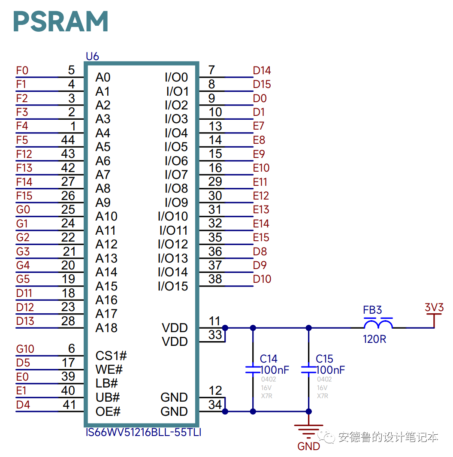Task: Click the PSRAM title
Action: tap(60, 21)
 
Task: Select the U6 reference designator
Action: tap(92, 56)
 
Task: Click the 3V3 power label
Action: tap(434, 308)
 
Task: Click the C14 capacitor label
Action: tap(269, 359)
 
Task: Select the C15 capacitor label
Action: tap(324, 359)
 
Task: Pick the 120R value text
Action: tap(374, 339)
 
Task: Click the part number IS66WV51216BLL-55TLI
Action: tap(144, 432)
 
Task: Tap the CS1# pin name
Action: tap(111, 356)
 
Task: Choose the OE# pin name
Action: tap(108, 412)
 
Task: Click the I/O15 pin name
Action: tap(173, 286)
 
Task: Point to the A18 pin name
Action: tap(106, 328)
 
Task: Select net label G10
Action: tap(25, 349)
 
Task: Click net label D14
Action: tap(262, 71)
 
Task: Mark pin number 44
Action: tap(68, 140)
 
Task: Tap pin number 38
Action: tap(215, 279)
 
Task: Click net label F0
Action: tap(22, 71)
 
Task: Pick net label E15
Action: tap(261, 237)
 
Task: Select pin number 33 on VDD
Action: tap(215, 335)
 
